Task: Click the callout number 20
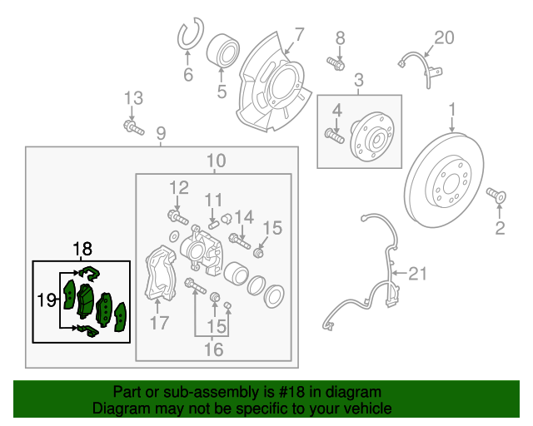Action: (x=445, y=37)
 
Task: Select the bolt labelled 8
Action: (x=336, y=62)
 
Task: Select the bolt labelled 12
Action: (x=177, y=217)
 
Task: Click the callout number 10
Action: (x=216, y=161)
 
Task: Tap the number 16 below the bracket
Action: (x=213, y=349)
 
